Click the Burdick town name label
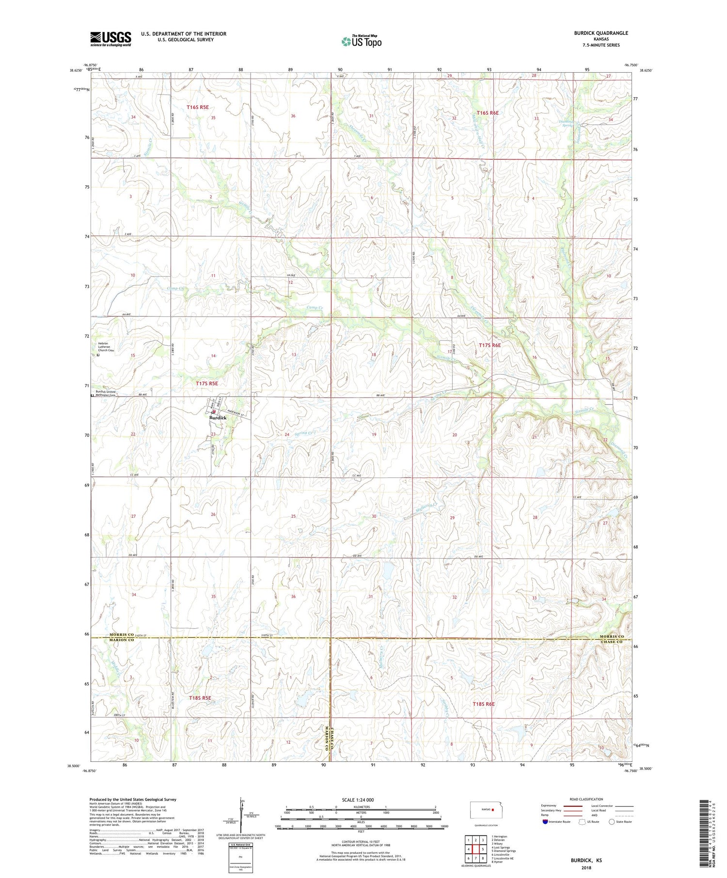point(218,417)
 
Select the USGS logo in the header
point(111,39)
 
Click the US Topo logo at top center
point(362,42)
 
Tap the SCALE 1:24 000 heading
point(358,800)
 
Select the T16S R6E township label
point(487,113)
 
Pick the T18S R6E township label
point(483,704)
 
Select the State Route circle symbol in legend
point(612,822)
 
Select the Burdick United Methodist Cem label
point(106,393)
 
